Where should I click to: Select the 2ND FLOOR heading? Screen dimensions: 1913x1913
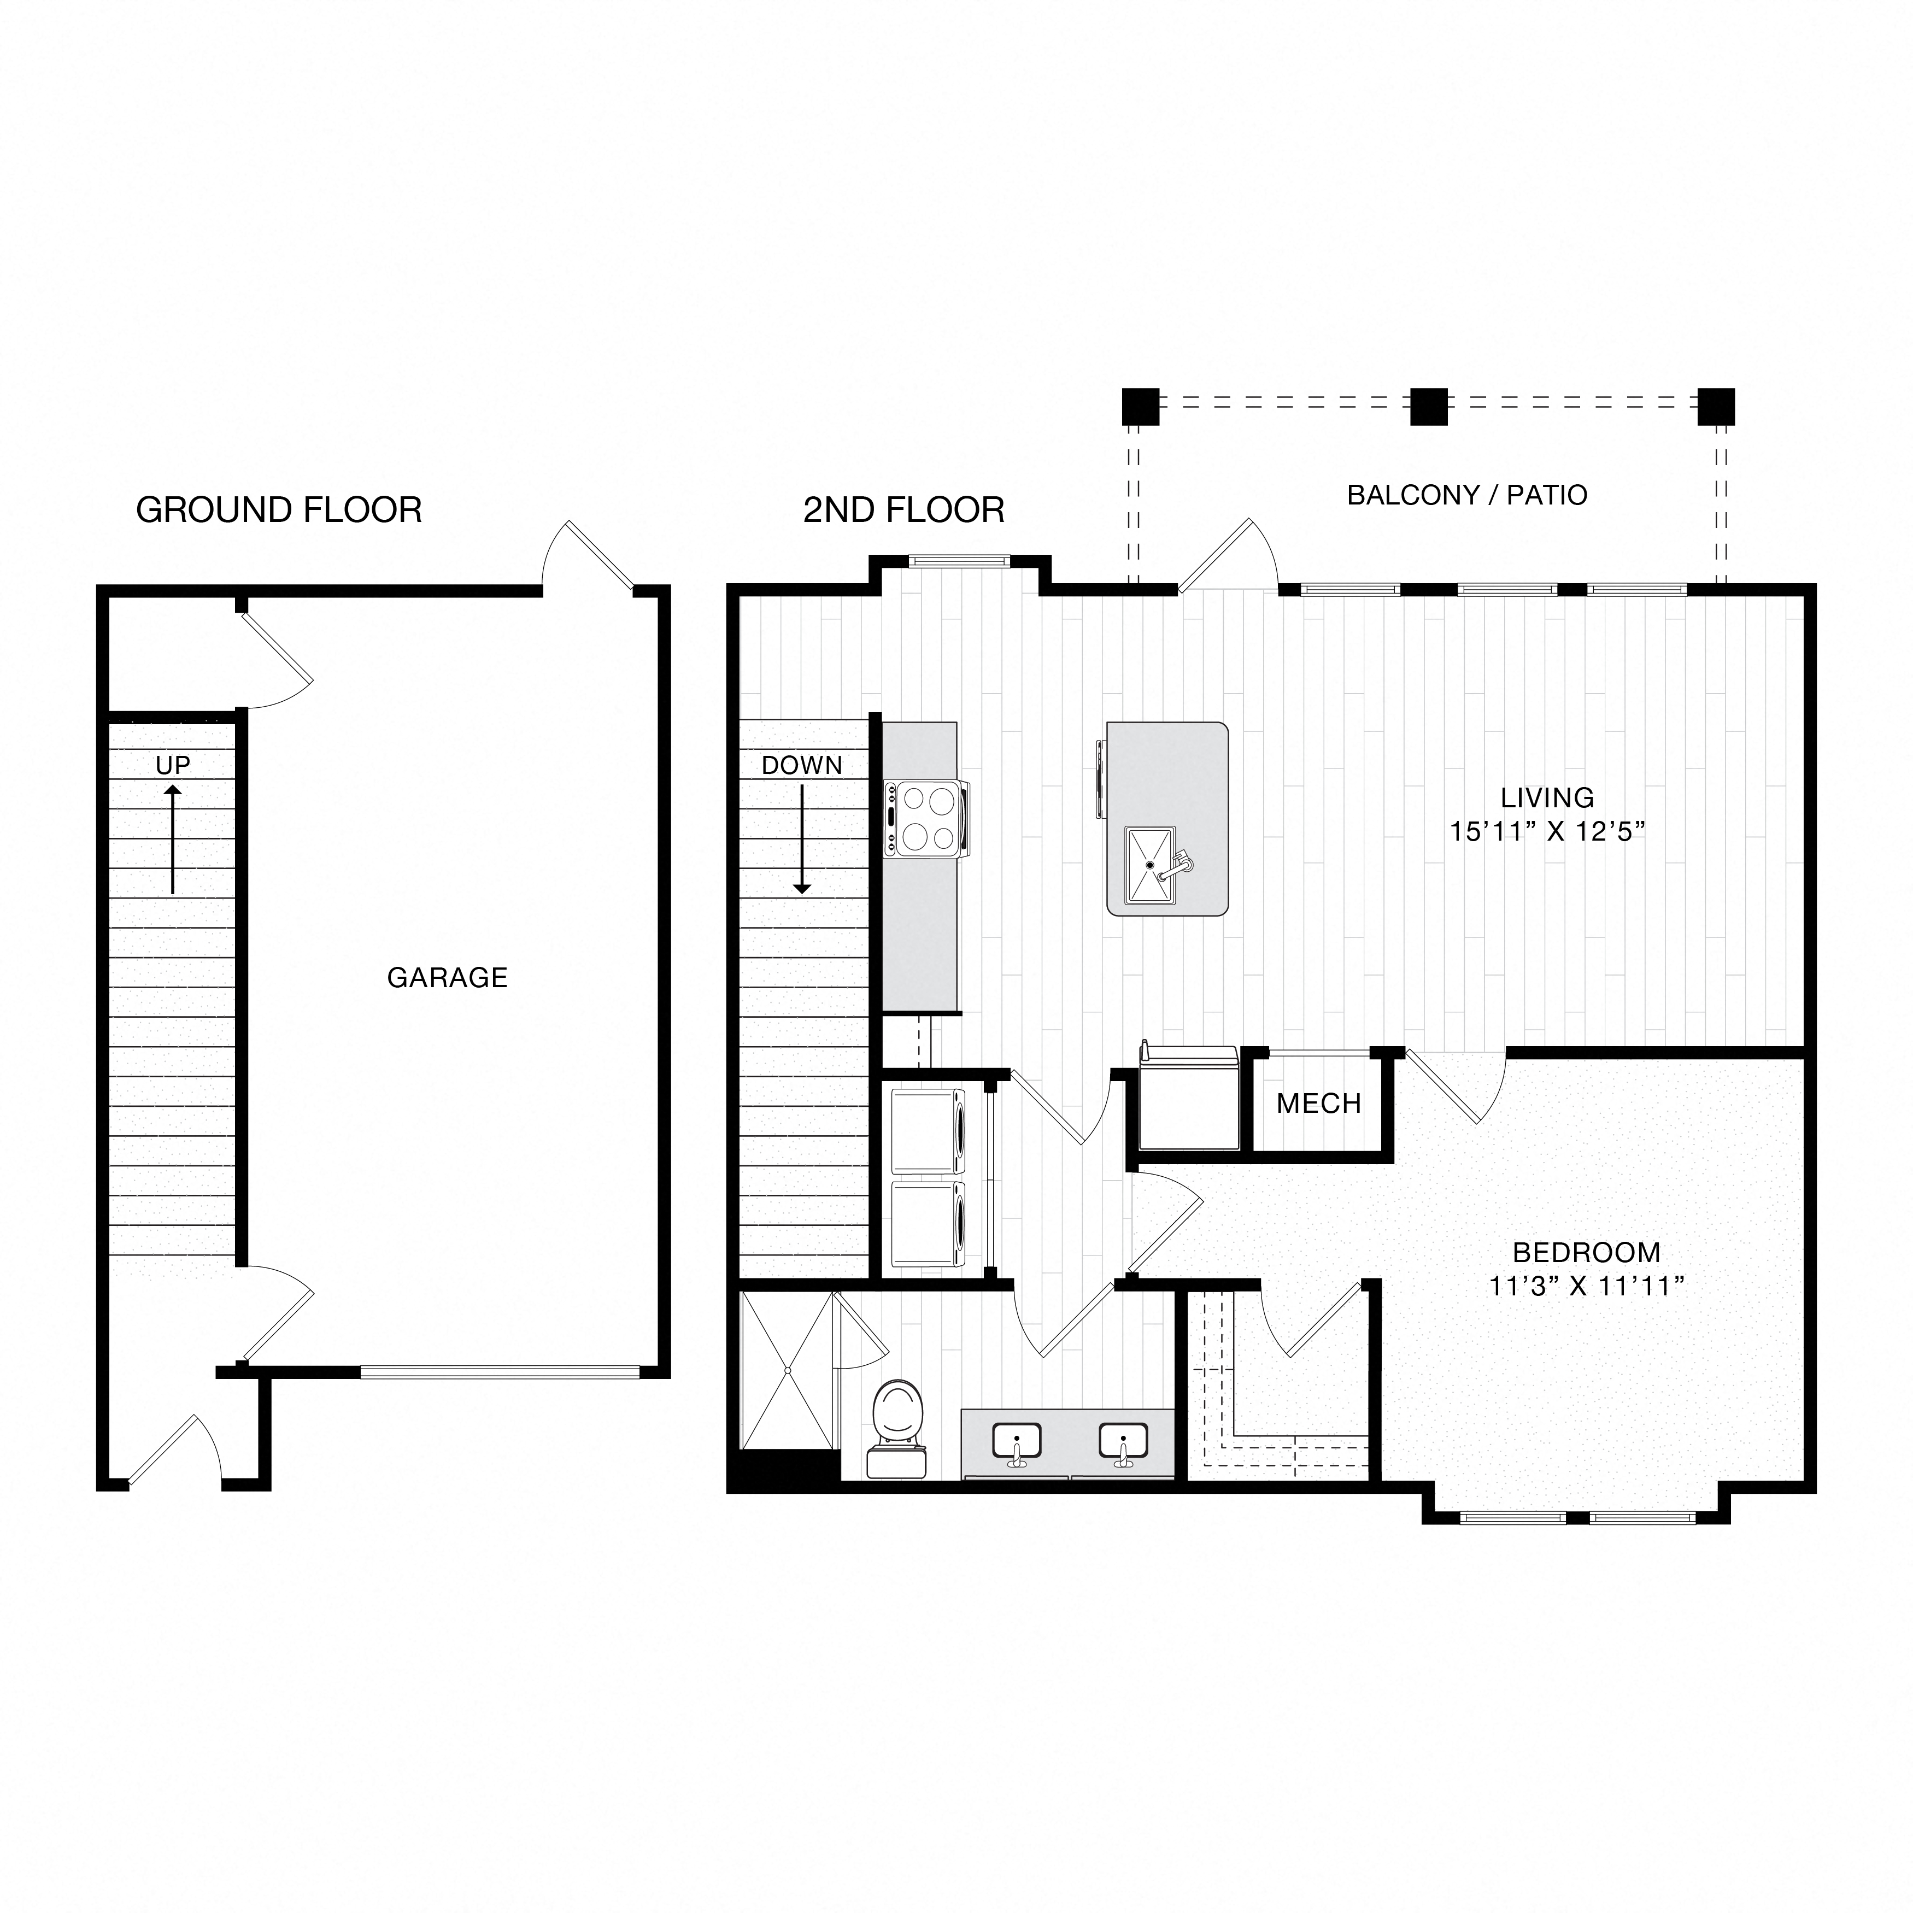click(x=903, y=510)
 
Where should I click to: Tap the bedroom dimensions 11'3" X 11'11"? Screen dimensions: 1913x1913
click(x=1586, y=1286)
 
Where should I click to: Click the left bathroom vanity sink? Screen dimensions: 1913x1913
click(x=1016, y=1442)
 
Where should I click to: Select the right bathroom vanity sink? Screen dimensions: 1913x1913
click(x=1123, y=1442)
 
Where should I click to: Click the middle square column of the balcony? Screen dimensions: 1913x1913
click(x=1428, y=406)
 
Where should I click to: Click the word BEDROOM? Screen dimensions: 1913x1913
click(x=1586, y=1253)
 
